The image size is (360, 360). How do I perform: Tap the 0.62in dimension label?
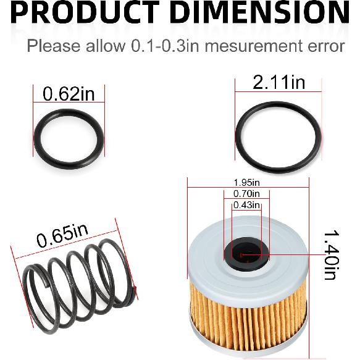coord(69,94)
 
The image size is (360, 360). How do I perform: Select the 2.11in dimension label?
coord(278,83)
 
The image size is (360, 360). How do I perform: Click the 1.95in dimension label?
coord(246,183)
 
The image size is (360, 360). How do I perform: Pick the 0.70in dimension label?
coord(246,194)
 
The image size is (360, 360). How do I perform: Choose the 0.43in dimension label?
coord(246,205)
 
